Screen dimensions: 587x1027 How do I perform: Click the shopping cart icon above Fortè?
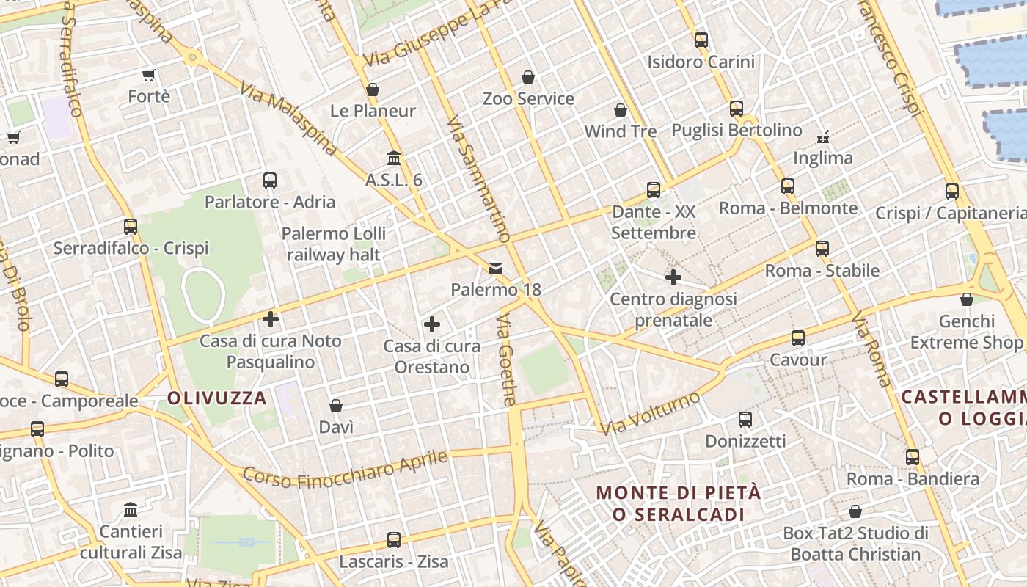149,75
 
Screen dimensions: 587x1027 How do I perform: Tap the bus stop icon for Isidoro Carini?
701,40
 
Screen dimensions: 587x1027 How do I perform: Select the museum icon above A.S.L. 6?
394,158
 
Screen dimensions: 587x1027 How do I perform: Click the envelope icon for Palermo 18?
497,269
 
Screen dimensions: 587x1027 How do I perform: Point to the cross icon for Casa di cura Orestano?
432,324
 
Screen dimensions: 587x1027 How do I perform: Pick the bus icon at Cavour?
798,338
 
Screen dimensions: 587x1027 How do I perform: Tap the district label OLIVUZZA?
217,398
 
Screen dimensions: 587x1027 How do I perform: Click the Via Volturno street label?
650,413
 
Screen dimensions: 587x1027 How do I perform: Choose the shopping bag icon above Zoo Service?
528,77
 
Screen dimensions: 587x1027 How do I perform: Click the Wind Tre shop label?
621,131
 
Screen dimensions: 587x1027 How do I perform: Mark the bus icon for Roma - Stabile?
822,249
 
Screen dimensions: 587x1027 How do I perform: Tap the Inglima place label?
823,158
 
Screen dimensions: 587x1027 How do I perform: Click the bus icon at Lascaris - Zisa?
394,540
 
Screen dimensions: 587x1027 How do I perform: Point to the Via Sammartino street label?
478,179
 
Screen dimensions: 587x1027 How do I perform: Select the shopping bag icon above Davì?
336,406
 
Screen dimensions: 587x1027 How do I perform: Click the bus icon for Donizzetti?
745,420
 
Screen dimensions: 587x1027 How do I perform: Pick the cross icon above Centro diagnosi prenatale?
673,277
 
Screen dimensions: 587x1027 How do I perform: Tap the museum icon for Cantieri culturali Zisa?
131,509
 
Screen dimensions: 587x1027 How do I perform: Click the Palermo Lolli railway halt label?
334,244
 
